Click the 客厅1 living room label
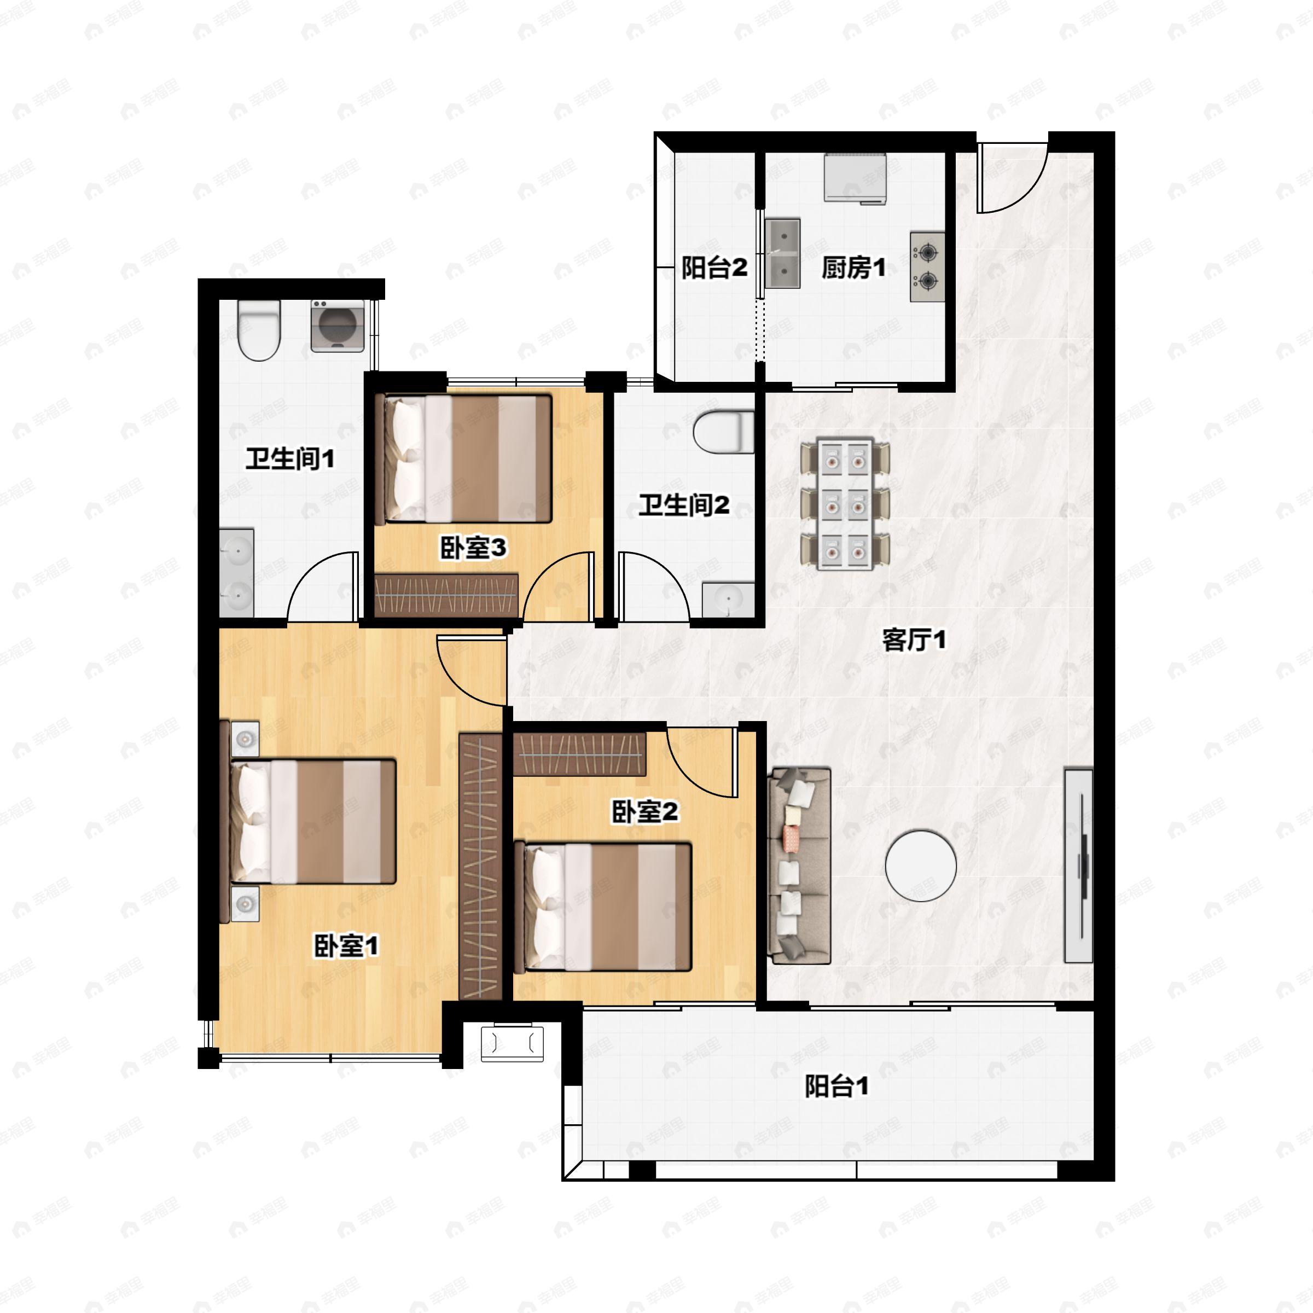[x=914, y=640]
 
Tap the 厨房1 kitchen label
[x=853, y=268]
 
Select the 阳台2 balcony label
[x=714, y=268]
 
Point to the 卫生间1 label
[x=290, y=459]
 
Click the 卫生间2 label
[x=684, y=505]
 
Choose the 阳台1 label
[x=836, y=1086]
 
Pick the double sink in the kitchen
[x=783, y=253]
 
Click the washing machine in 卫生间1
[x=337, y=326]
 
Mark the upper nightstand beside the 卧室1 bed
[x=245, y=738]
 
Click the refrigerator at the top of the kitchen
[x=856, y=178]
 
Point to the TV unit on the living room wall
[x=1078, y=866]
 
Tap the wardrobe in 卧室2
[x=578, y=755]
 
